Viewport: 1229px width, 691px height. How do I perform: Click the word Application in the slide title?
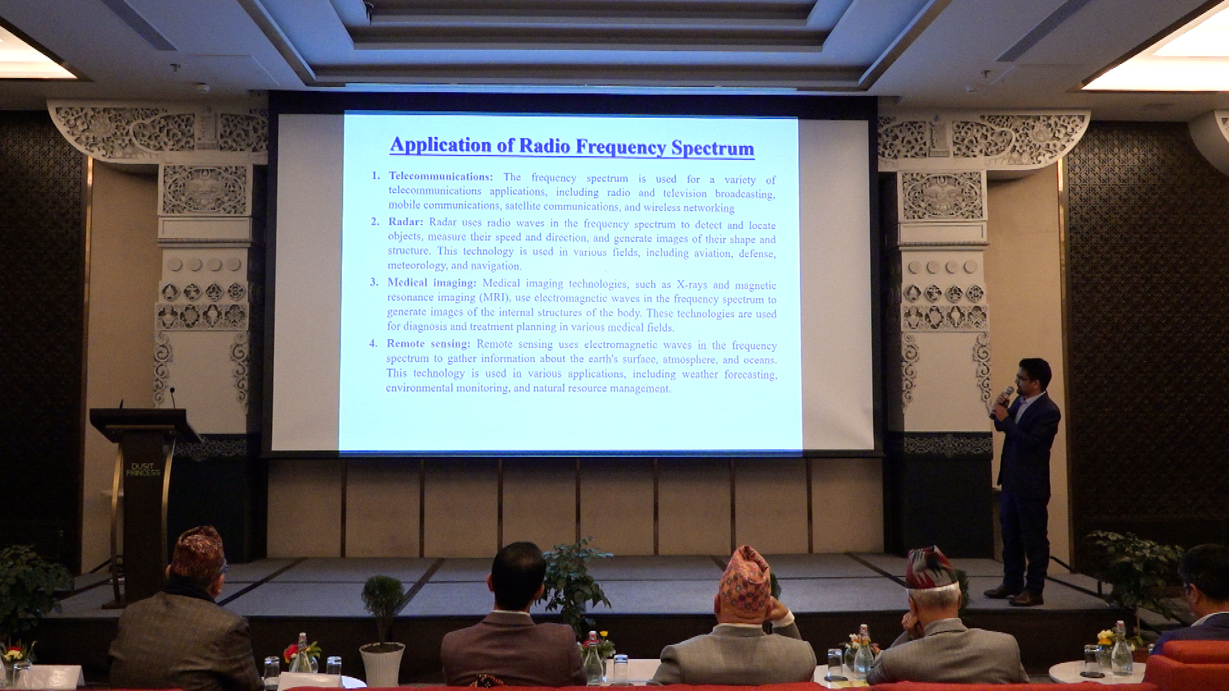tap(440, 145)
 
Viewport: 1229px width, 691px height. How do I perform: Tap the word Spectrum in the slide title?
tap(712, 148)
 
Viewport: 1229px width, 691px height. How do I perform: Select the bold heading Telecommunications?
tap(440, 177)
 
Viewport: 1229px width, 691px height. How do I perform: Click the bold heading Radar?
tap(405, 222)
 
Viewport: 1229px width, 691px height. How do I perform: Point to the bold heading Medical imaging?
tap(431, 283)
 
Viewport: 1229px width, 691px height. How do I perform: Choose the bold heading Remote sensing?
tap(428, 344)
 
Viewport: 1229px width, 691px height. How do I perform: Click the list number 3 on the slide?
tap(374, 282)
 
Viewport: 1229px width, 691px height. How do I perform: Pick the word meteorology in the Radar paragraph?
tap(417, 265)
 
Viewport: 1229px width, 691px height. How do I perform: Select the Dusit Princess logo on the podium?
tap(142, 470)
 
